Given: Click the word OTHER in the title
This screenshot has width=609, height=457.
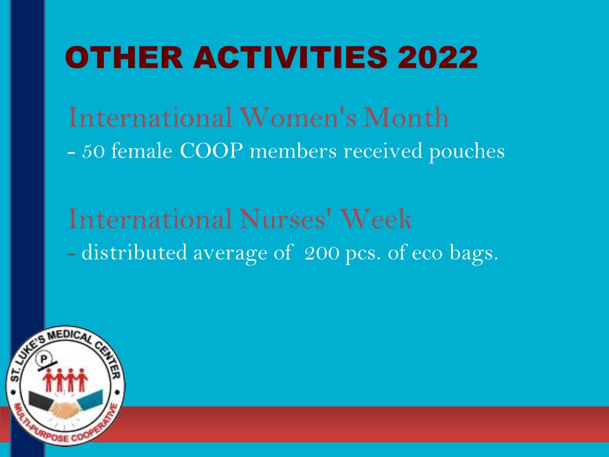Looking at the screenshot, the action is coord(124,58).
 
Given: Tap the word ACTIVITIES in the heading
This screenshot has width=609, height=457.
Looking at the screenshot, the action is coord(290,58).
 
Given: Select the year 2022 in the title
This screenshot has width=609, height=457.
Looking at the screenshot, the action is coord(438,58).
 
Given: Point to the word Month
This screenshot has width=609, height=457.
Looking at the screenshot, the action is coord(406,117).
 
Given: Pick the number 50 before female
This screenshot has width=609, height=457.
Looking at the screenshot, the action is coord(93,151).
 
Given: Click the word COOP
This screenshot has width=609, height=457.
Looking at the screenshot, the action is coord(211,151).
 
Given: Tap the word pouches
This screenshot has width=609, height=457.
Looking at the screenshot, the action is coord(466,152).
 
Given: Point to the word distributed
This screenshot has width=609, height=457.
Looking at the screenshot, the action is coord(134,253).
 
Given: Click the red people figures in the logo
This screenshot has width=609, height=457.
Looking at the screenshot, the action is coord(65,380).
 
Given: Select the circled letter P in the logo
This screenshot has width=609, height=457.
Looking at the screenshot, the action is coord(44,358).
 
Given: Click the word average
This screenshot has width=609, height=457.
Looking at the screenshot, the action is coord(230,254).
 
